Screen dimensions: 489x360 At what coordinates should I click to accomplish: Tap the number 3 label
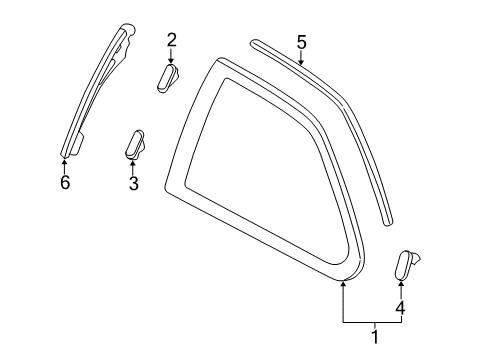[x=132, y=184]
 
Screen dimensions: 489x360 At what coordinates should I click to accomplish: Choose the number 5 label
[x=302, y=41]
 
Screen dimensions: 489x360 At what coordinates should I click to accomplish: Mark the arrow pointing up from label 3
[x=132, y=167]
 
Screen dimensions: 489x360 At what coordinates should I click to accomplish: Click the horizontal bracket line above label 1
[x=374, y=321]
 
